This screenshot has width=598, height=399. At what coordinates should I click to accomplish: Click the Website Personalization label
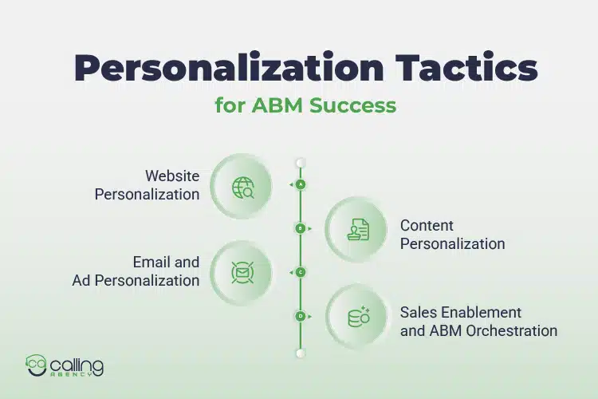coord(148,185)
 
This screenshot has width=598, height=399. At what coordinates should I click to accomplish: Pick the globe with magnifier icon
coord(242,188)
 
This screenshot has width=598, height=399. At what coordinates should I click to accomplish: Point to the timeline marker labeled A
coord(301,184)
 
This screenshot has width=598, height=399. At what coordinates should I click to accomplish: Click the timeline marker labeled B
coord(301,228)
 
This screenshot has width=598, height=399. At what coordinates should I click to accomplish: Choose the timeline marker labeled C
coord(301,272)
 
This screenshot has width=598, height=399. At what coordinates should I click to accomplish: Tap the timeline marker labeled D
coord(301,316)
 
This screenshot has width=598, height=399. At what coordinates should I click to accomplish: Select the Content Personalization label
coord(452,235)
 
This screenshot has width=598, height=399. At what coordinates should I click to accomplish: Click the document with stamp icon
coord(358,231)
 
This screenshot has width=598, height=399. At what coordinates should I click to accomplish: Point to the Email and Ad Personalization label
coord(136,271)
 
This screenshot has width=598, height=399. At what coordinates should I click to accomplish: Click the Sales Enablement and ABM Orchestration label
coord(478,321)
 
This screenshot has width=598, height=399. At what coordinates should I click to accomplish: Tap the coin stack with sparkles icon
coord(358,316)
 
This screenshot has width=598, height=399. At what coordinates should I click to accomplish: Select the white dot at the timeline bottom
coord(301,352)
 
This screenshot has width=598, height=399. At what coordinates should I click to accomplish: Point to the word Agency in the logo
coord(77,373)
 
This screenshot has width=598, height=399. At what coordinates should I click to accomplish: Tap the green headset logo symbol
coord(36,365)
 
